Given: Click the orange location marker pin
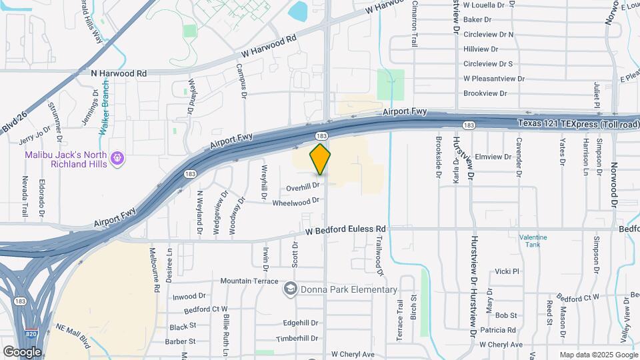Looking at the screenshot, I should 320,159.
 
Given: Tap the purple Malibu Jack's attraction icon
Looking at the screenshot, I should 118,158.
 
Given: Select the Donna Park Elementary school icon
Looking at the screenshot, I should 290,289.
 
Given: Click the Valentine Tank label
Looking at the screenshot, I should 533,241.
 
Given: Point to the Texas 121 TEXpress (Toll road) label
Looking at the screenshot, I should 578,124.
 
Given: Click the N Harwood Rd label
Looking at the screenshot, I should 119,73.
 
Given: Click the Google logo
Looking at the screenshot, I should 22,351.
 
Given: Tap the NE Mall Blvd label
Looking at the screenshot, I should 73,337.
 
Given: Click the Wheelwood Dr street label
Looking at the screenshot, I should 296,201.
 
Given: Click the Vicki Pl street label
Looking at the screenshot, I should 507,271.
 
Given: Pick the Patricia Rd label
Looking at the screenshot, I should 498,330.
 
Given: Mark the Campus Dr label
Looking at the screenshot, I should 241,81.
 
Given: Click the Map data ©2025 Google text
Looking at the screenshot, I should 598,355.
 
